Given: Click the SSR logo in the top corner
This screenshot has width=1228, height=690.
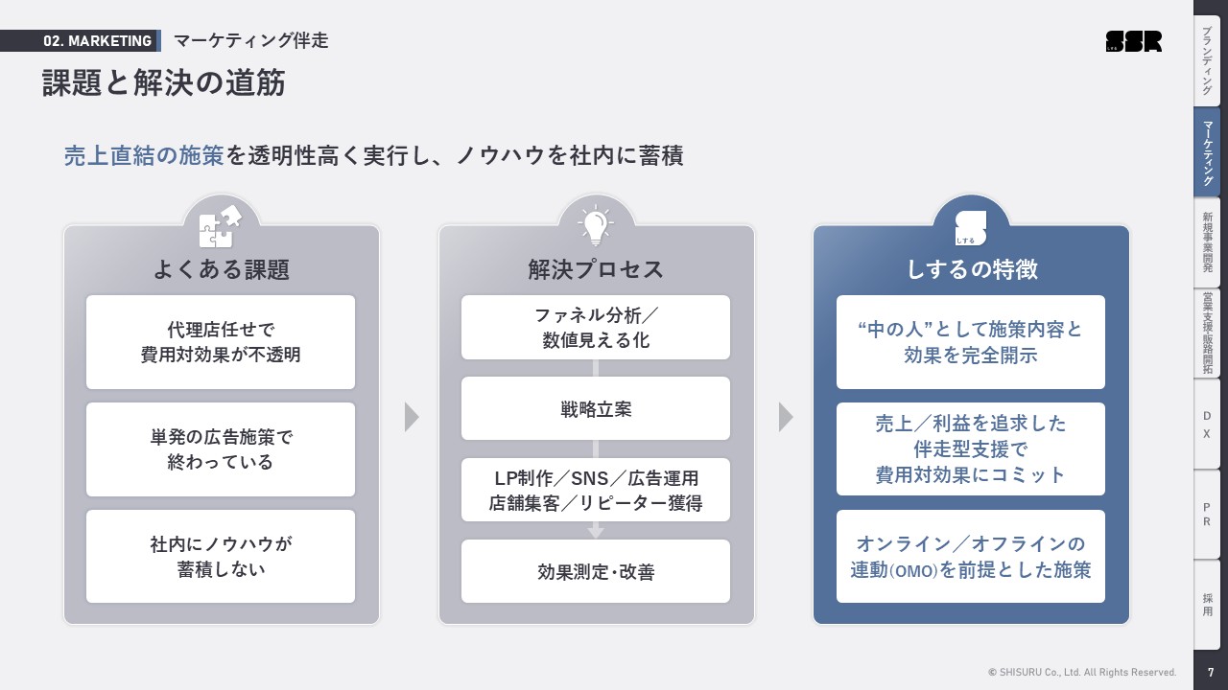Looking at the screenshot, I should pyautogui.click(x=1133, y=41).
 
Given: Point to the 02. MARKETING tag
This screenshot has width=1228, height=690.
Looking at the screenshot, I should pyautogui.click(x=97, y=41).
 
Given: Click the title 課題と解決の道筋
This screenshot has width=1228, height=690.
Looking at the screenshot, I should pyautogui.click(x=164, y=83).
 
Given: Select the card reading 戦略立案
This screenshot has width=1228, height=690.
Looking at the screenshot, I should pyautogui.click(x=596, y=409).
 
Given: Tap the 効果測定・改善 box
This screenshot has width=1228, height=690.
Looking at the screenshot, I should pyautogui.click(x=596, y=572).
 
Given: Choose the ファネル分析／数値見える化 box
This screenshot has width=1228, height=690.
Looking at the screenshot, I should pyautogui.click(x=596, y=328).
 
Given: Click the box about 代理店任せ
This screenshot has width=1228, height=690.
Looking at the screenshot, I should pyautogui.click(x=221, y=342).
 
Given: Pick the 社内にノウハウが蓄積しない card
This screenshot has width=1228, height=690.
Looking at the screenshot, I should pyautogui.click(x=221, y=557).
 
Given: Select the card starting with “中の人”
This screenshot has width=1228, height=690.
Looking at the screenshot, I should pyautogui.click(x=971, y=342).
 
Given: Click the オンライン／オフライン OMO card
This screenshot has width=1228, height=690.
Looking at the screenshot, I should pyautogui.click(x=971, y=557).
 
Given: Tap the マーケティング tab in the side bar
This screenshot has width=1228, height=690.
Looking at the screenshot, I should pyautogui.click(x=1207, y=151).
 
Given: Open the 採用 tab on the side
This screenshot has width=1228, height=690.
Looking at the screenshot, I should pyautogui.click(x=1207, y=604).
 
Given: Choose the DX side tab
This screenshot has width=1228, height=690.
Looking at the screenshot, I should pyautogui.click(x=1207, y=425).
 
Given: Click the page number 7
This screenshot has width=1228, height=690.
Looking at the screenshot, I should pyautogui.click(x=1211, y=673).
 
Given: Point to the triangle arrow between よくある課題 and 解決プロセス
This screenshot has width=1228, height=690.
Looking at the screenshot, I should pyautogui.click(x=412, y=417).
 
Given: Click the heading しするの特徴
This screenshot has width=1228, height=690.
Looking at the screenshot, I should pyautogui.click(x=971, y=270).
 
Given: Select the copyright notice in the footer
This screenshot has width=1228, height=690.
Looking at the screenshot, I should pyautogui.click(x=1082, y=673).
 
